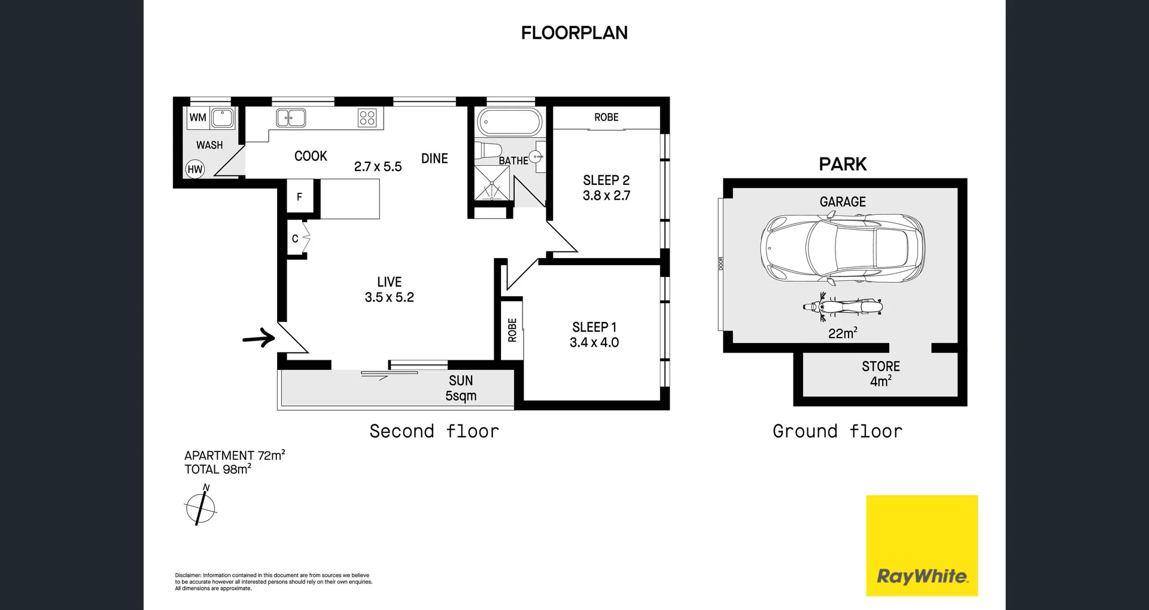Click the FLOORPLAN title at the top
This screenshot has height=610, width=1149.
(574, 33)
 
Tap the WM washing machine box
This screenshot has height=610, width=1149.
(198, 117)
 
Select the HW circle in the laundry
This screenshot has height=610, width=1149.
(195, 169)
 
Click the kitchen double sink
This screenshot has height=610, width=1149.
(291, 118)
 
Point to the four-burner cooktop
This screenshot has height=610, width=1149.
(367, 118)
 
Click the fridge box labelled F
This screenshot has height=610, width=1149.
(300, 196)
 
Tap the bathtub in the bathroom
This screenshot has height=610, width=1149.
(509, 122)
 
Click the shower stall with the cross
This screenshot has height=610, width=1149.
(492, 183)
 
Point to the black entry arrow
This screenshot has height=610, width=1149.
(259, 338)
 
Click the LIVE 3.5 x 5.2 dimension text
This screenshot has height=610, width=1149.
(390, 298)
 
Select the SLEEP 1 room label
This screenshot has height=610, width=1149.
(594, 327)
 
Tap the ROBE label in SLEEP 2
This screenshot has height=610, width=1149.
(606, 117)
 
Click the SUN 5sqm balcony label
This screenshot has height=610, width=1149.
(461, 388)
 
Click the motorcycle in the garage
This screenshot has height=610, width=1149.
(842, 308)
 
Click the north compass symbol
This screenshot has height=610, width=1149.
(200, 508)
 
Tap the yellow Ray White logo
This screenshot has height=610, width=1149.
(922, 545)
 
